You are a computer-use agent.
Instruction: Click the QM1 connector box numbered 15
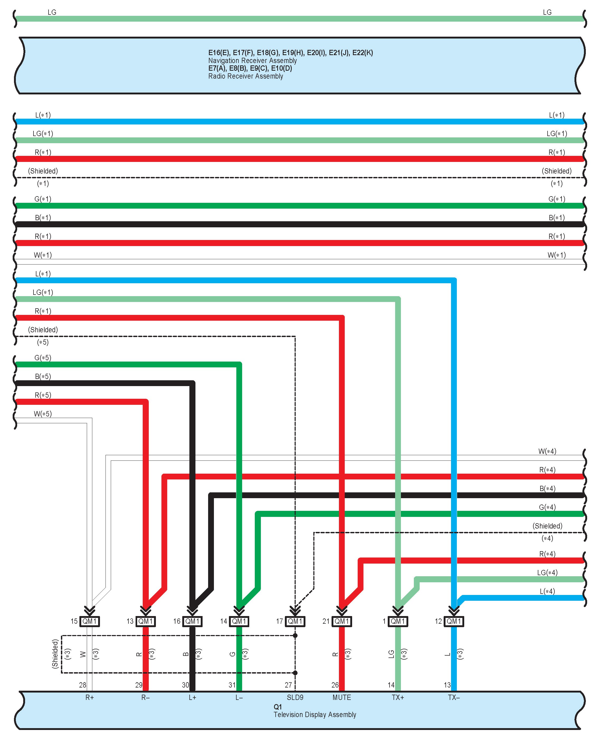tap(90, 621)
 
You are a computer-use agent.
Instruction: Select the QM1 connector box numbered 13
tap(146, 621)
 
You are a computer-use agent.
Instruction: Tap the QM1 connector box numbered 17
tap(295, 621)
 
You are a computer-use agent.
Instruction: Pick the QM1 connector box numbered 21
tap(342, 621)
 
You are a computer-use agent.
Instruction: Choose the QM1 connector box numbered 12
tap(454, 621)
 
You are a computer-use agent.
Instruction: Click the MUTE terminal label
tap(342, 698)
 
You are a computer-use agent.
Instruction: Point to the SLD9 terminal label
tap(295, 698)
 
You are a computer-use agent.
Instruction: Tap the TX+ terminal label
tap(398, 698)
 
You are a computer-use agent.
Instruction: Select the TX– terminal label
tap(454, 698)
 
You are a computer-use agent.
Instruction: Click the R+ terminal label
tap(90, 698)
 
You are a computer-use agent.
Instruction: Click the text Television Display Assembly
tap(315, 714)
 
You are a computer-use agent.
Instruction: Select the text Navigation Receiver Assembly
tap(252, 61)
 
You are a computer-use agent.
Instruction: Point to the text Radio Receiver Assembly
tap(245, 76)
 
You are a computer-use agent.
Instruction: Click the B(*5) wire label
tap(43, 376)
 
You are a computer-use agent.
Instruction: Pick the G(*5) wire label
tap(43, 358)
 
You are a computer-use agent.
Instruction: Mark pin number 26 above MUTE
tap(335, 685)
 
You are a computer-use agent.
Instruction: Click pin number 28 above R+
tap(83, 685)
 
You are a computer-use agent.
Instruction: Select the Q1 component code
tap(278, 707)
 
